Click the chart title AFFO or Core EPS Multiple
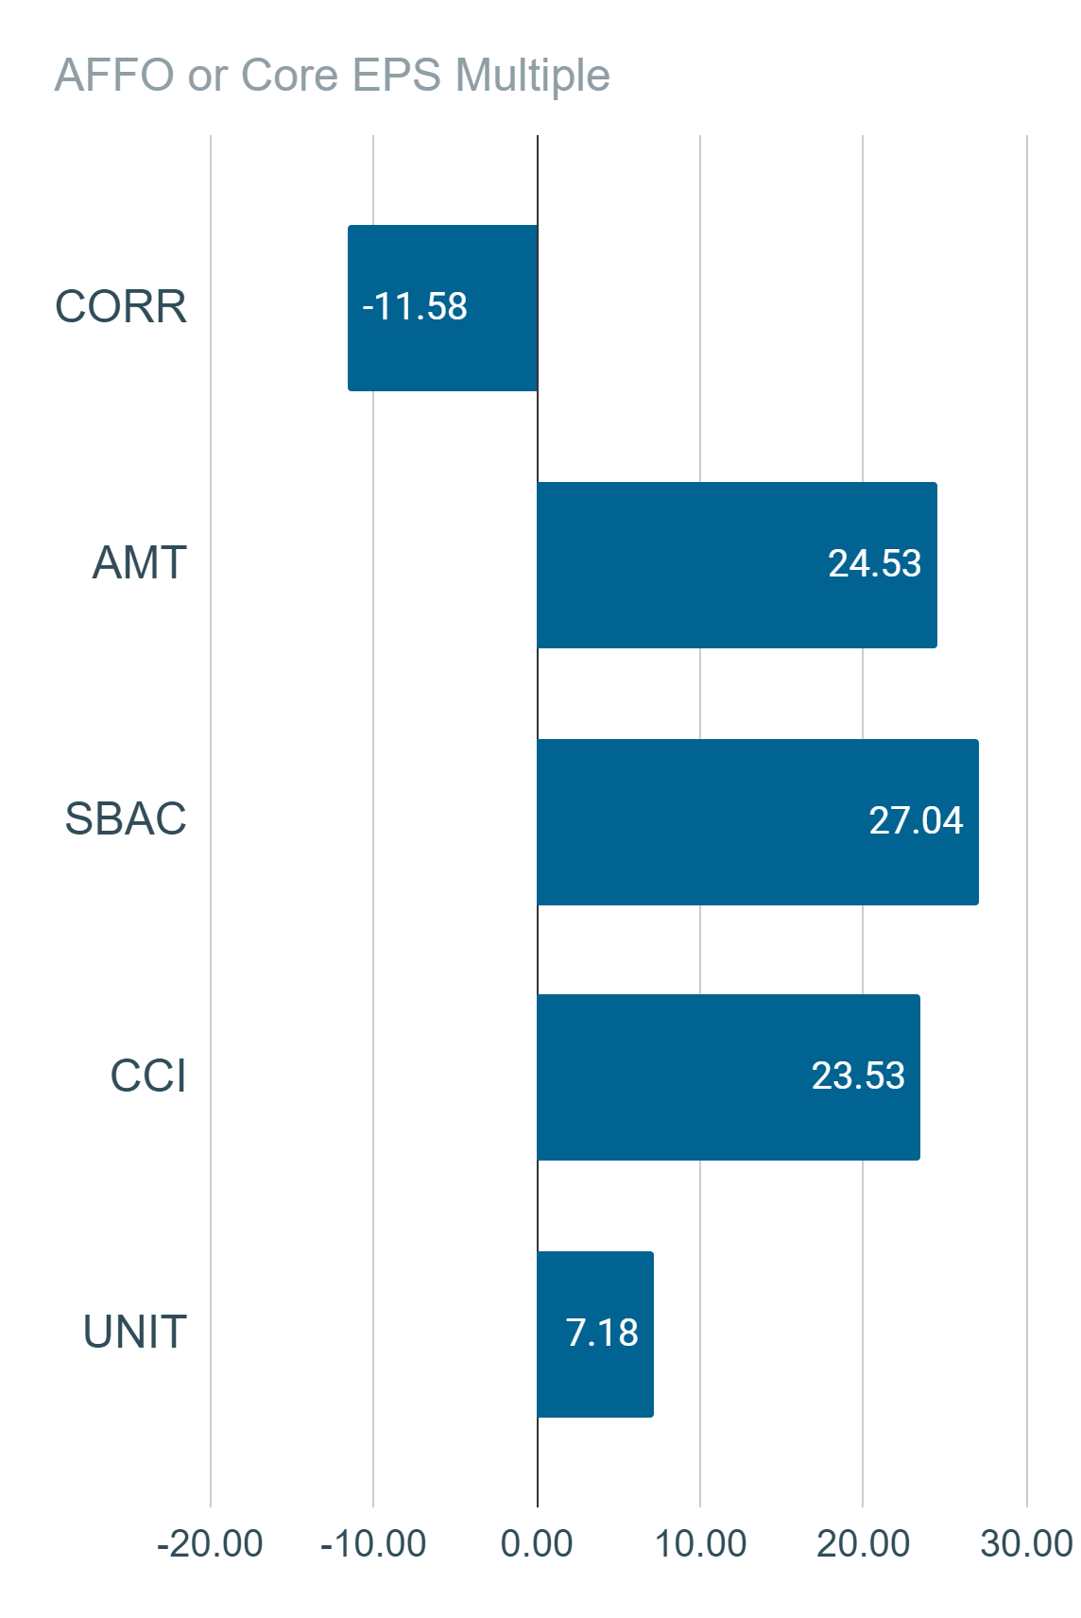(x=333, y=76)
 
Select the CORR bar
(x=442, y=308)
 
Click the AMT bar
(x=737, y=565)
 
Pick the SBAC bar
(x=758, y=822)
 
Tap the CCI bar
(x=729, y=1077)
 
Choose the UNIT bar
(x=595, y=1334)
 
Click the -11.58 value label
(x=415, y=306)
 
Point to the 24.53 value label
(x=874, y=563)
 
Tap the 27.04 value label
(x=916, y=820)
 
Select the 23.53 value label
(x=858, y=1076)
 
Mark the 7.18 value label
(x=602, y=1333)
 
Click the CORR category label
(x=121, y=307)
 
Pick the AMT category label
(x=140, y=563)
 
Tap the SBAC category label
(x=126, y=819)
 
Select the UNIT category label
(x=135, y=1333)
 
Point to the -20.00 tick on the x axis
(x=210, y=1544)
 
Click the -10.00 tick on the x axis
(x=373, y=1544)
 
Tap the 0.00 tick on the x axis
(x=537, y=1544)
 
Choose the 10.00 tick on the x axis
(x=700, y=1544)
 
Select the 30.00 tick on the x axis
(x=1026, y=1544)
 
